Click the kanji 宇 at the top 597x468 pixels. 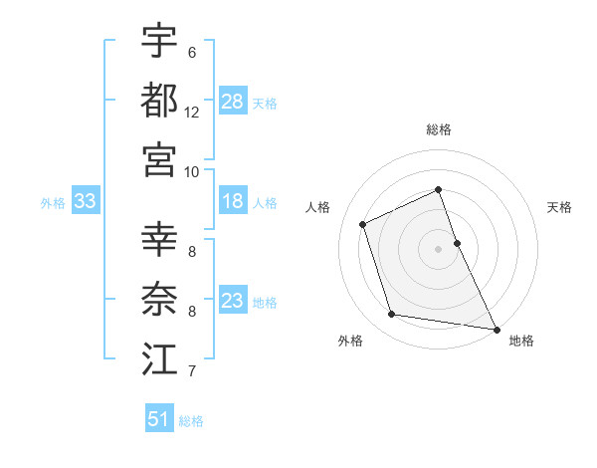click(x=160, y=43)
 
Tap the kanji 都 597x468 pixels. click(x=160, y=101)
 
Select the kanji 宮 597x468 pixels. click(x=160, y=158)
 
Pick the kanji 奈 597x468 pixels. click(x=160, y=301)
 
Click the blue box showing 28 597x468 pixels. click(x=233, y=102)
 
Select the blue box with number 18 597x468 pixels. click(x=233, y=202)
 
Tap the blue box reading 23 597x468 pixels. click(x=233, y=302)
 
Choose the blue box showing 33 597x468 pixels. click(x=86, y=202)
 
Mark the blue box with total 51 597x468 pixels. click(x=159, y=419)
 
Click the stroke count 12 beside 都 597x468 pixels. click(x=191, y=113)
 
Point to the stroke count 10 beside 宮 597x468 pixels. click(x=191, y=170)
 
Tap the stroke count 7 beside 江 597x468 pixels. click(x=191, y=372)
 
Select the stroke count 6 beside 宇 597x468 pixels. click(x=191, y=53)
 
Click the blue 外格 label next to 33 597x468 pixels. click(x=53, y=203)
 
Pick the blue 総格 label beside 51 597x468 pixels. click(x=191, y=421)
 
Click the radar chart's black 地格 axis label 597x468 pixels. click(x=521, y=342)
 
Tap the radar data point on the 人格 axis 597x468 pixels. click(x=363, y=224)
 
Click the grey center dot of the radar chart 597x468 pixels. click(x=438, y=248)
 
